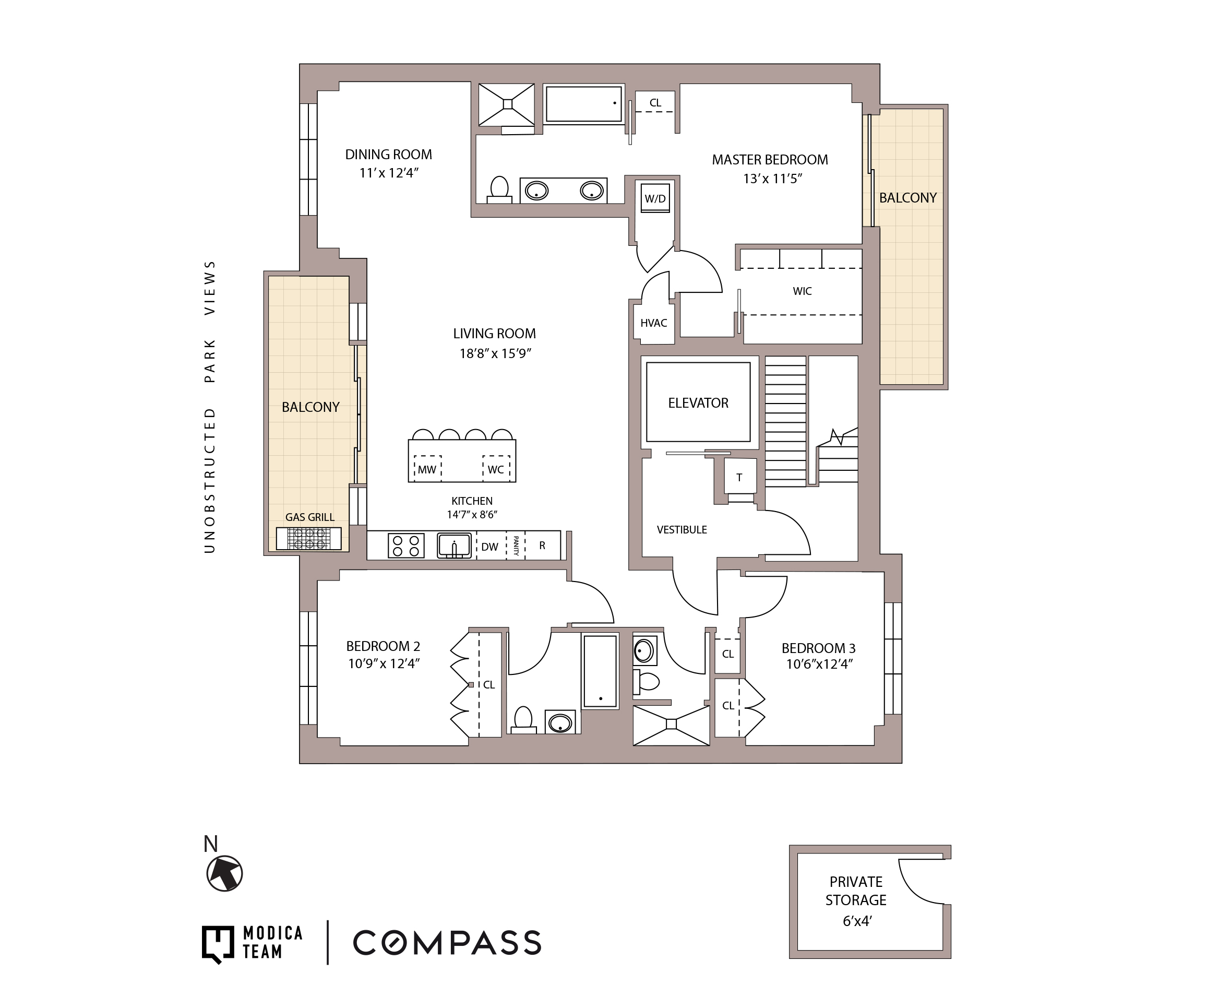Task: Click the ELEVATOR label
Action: [698, 403]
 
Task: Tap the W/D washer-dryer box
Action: [655, 198]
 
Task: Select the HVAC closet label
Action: [653, 323]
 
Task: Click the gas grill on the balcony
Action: [308, 539]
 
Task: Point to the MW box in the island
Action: [427, 469]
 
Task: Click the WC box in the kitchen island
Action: [495, 469]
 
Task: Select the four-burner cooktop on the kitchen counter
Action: [406, 545]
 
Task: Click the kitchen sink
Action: [454, 545]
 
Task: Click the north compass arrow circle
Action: [225, 873]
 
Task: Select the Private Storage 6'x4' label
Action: [856, 900]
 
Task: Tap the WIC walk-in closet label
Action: [802, 291]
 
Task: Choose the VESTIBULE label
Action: [682, 530]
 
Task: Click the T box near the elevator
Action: [739, 477]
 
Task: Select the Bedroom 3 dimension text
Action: [819, 664]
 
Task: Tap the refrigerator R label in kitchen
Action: [542, 545]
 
